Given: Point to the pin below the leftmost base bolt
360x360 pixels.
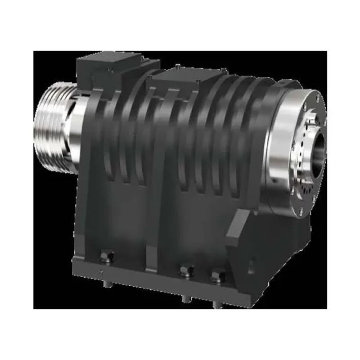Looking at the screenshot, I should tap(108, 284).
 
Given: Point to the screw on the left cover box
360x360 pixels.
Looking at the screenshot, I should tap(108, 68).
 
